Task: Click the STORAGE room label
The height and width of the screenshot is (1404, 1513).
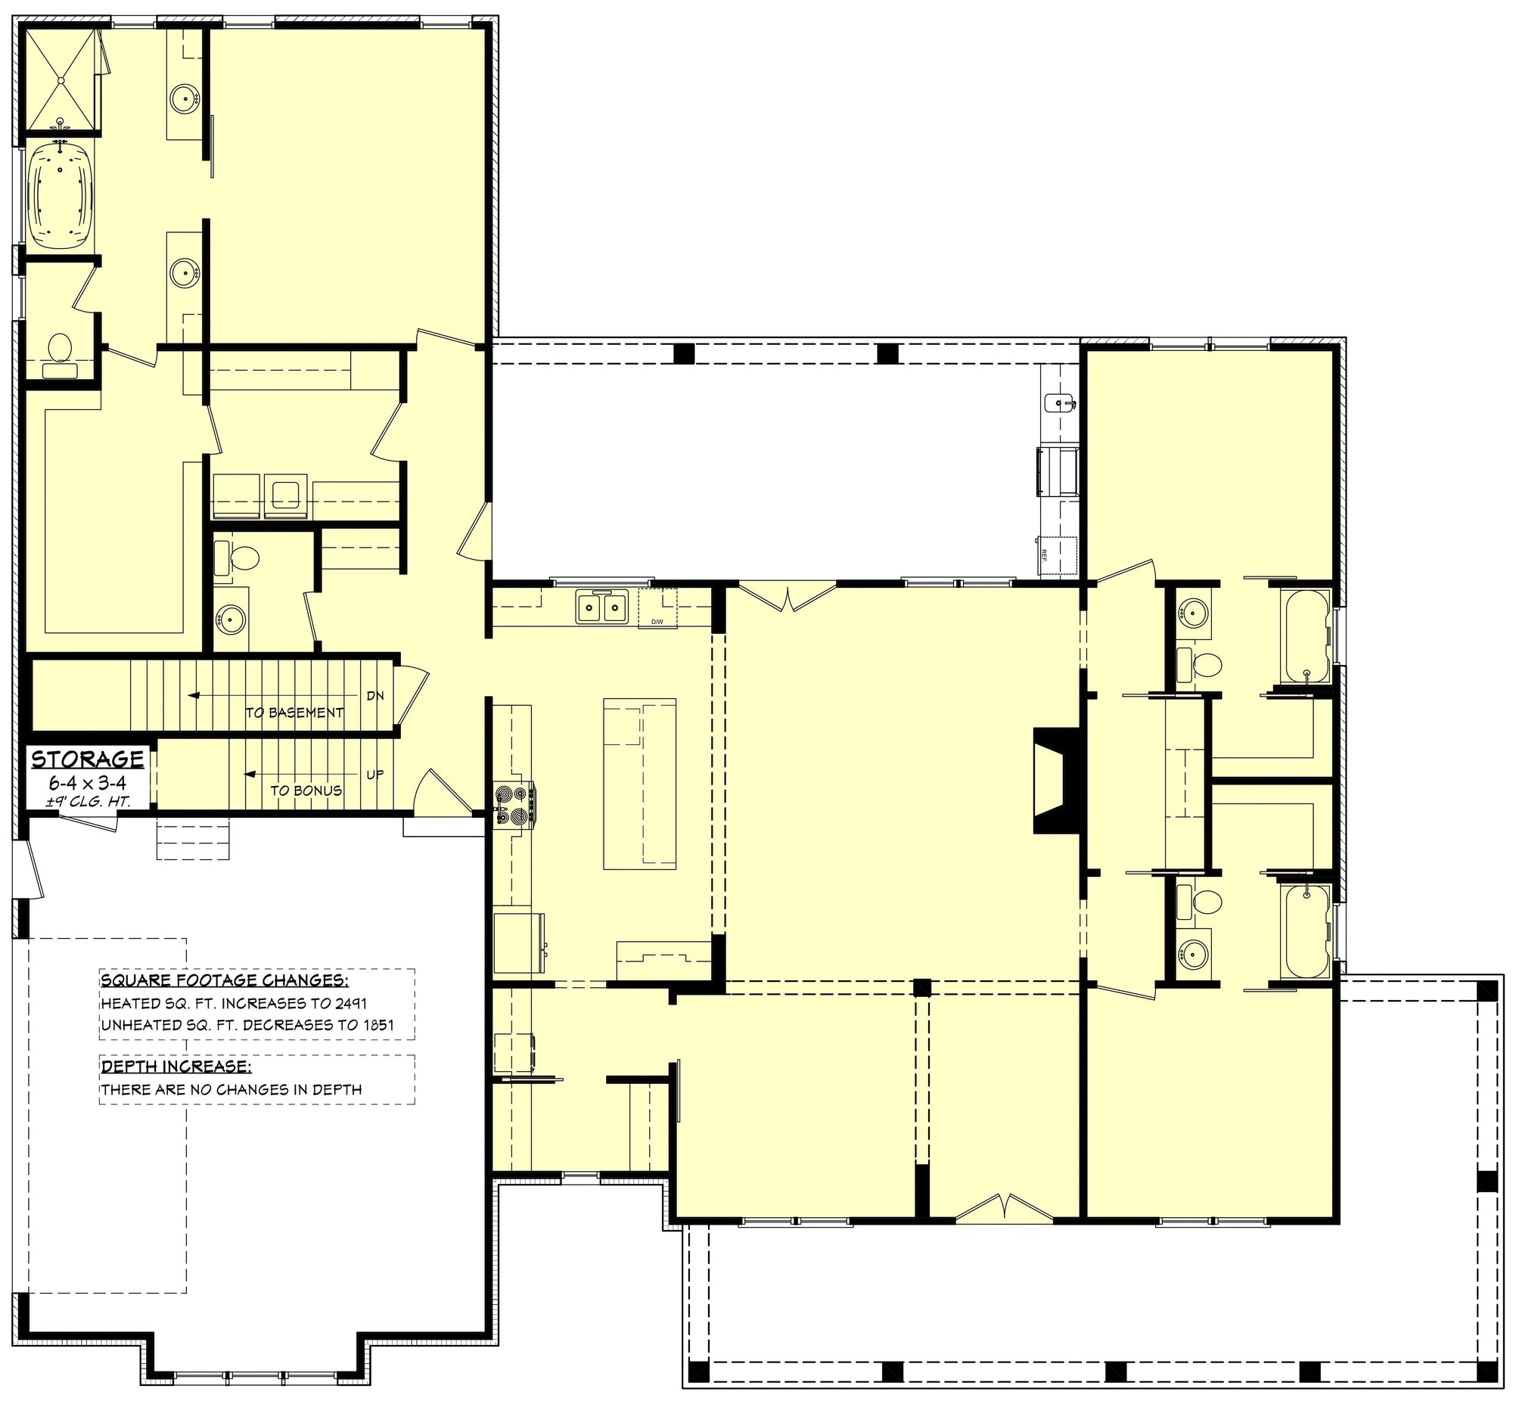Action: (88, 758)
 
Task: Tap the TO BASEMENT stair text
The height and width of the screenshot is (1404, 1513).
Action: (294, 713)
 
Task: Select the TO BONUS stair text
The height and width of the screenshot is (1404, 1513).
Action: (306, 791)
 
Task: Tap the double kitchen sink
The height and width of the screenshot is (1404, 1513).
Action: (601, 607)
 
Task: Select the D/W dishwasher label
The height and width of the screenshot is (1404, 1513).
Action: (657, 623)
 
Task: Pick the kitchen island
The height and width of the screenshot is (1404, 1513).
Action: (639, 782)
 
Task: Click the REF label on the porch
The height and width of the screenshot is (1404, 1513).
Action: (1043, 554)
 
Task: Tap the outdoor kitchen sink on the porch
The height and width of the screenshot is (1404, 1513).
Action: (1058, 402)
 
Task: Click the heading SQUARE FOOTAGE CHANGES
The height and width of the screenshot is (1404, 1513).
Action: (225, 980)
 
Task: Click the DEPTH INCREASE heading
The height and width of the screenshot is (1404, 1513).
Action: (176, 1066)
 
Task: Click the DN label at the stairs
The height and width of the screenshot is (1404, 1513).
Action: (375, 695)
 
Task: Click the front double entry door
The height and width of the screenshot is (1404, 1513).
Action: (1004, 1208)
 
